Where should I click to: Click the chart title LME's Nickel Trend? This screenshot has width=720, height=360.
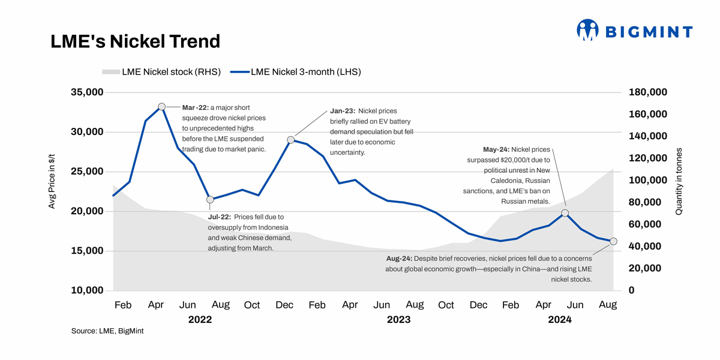pyautogui.click(x=135, y=41)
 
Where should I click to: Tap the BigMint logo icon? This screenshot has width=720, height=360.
pyautogui.click(x=588, y=30)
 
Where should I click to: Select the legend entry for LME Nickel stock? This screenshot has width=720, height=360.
pyautogui.click(x=162, y=72)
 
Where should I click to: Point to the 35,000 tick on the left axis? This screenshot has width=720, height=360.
pyautogui.click(x=88, y=92)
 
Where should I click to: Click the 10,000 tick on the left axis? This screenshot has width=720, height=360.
pyautogui.click(x=88, y=290)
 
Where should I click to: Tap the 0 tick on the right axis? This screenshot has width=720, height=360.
pyautogui.click(x=631, y=290)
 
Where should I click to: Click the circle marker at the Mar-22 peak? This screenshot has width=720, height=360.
pyautogui.click(x=162, y=107)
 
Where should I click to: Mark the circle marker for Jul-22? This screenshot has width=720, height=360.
pyautogui.click(x=210, y=199)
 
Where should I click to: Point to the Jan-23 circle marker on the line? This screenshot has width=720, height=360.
pyautogui.click(x=291, y=140)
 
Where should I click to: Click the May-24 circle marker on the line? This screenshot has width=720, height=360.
pyautogui.click(x=565, y=213)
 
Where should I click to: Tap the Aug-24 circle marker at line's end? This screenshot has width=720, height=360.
pyautogui.click(x=613, y=241)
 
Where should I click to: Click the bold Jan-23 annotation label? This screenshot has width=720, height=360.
pyautogui.click(x=343, y=111)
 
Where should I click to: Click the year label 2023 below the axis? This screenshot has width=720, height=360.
pyautogui.click(x=398, y=320)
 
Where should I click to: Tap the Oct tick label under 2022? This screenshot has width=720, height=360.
pyautogui.click(x=252, y=305)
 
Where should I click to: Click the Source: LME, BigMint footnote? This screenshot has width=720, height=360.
pyautogui.click(x=107, y=331)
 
